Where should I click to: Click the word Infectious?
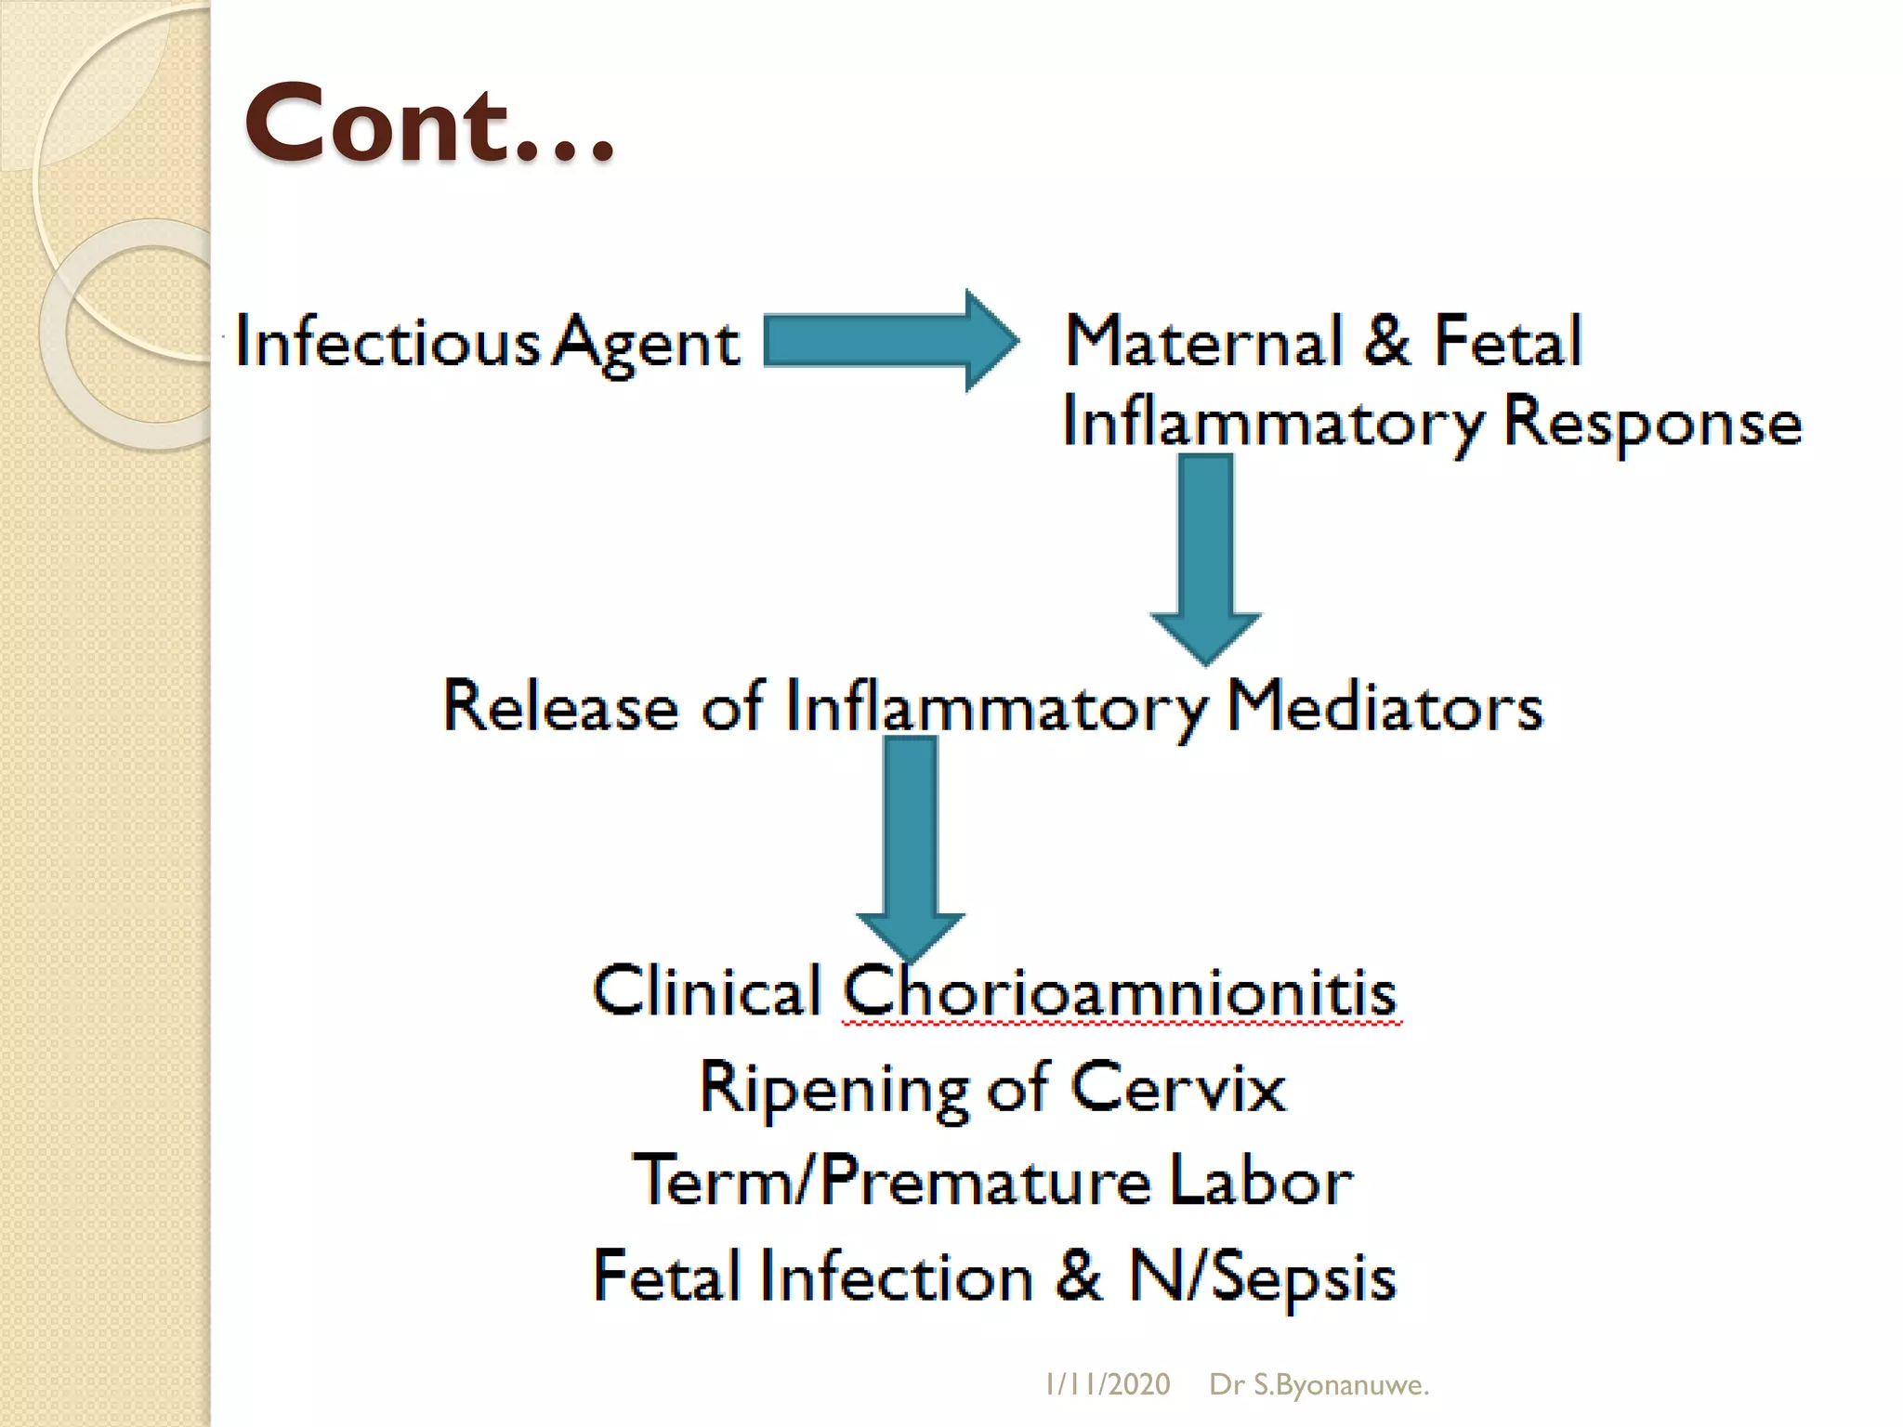click(387, 341)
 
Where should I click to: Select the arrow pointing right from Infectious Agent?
click(890, 341)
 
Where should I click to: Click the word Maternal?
click(1204, 340)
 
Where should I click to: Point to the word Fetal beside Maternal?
click(1507, 340)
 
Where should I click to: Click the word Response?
click(1652, 423)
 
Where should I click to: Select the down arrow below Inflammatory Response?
click(1205, 557)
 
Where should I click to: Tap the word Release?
click(559, 706)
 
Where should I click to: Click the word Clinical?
click(706, 990)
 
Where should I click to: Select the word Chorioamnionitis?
click(1120, 992)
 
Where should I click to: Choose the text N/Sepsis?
click(1262, 1276)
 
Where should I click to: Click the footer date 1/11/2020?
click(1108, 1384)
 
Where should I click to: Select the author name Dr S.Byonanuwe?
click(1319, 1384)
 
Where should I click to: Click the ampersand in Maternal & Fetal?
click(1387, 340)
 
